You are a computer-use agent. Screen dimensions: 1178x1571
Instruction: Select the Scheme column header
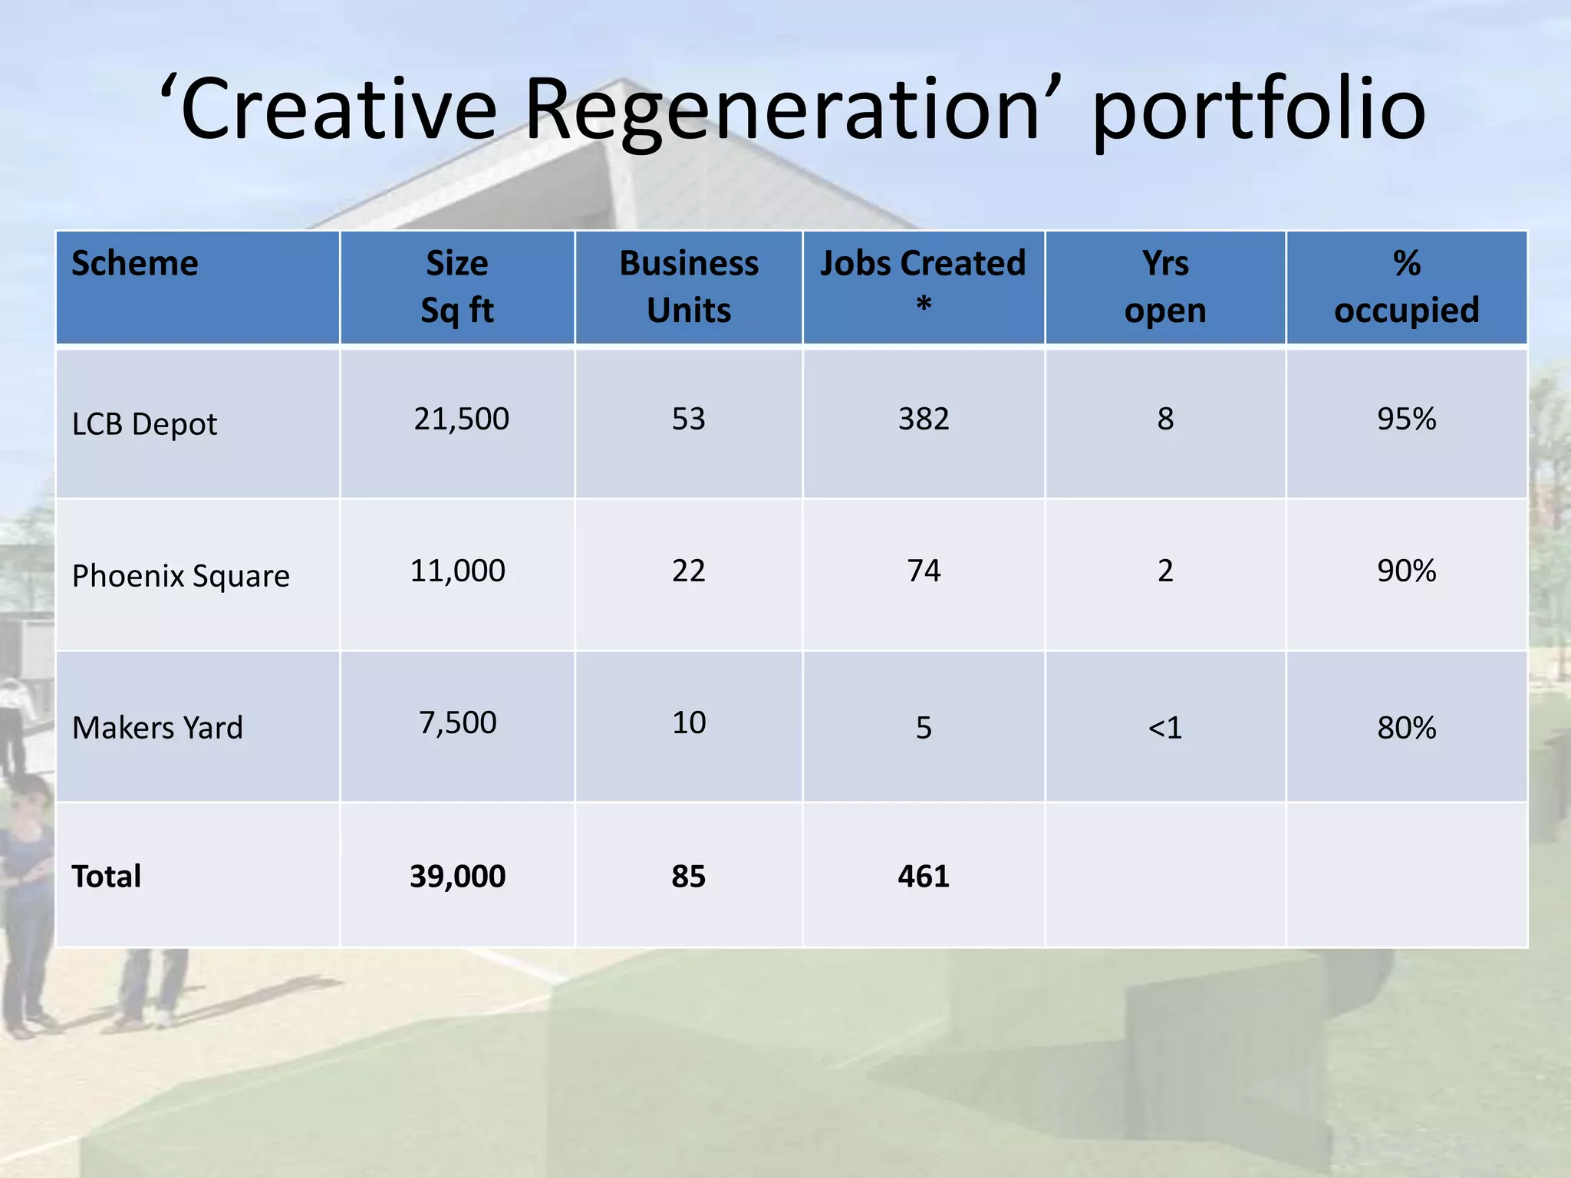click(x=135, y=264)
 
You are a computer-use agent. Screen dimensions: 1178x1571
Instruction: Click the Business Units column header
click(x=689, y=287)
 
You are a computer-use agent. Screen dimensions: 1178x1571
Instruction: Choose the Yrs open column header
click(x=1165, y=287)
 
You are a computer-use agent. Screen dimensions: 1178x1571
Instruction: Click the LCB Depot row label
click(x=144, y=424)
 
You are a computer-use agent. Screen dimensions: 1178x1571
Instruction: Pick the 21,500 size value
click(x=461, y=420)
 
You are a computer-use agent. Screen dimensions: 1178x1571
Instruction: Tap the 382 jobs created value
click(x=924, y=420)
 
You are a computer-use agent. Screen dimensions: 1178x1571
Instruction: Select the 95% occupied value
click(x=1406, y=420)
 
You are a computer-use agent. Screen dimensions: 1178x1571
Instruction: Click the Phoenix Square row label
click(x=181, y=576)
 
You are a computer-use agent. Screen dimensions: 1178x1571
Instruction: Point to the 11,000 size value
click(x=458, y=571)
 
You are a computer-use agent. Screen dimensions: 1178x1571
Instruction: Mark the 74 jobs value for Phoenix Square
click(x=924, y=571)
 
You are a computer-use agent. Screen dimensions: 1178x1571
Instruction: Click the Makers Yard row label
click(x=157, y=728)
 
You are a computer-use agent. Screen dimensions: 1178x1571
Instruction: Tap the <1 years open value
click(x=1165, y=728)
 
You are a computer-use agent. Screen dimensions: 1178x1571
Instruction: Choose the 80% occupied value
click(x=1406, y=728)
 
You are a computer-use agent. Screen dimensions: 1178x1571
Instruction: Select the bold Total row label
click(x=107, y=877)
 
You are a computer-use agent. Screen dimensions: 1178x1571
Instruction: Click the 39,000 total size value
click(x=458, y=877)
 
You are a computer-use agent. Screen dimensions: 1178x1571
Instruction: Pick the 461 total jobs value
click(x=924, y=877)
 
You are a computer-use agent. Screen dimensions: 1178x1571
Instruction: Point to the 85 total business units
click(x=689, y=877)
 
